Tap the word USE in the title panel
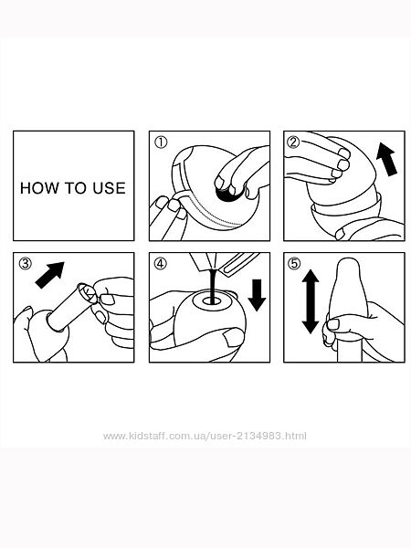[109, 188]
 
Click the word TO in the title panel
[76, 188]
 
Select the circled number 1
[161, 142]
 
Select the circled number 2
[293, 142]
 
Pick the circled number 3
[26, 263]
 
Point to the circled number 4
[161, 263]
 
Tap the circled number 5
[294, 263]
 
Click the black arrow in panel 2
[387, 159]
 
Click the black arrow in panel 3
[49, 276]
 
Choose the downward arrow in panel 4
[257, 295]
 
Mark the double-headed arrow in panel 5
[311, 301]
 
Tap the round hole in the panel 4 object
[211, 300]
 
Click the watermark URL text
[205, 436]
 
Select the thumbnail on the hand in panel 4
[233, 337]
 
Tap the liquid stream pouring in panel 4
[211, 285]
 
